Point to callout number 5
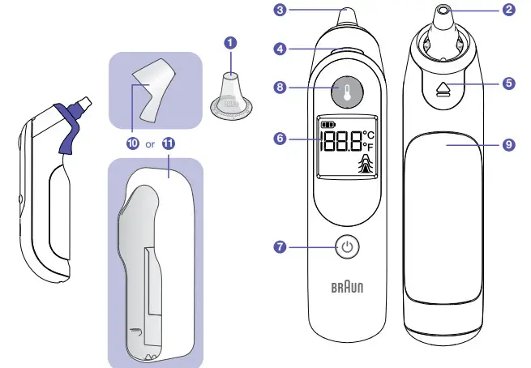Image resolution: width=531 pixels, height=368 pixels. [x=508, y=82]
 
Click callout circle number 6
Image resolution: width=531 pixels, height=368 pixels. [x=280, y=138]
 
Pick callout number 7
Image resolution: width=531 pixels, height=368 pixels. [x=280, y=246]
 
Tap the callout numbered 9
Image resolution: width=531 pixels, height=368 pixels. [x=508, y=144]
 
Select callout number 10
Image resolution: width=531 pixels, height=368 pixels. [x=132, y=144]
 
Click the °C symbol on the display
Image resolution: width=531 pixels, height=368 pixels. [x=369, y=134]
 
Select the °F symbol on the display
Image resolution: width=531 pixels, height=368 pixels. [x=369, y=146]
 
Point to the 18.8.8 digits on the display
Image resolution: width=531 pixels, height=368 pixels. [x=340, y=144]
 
